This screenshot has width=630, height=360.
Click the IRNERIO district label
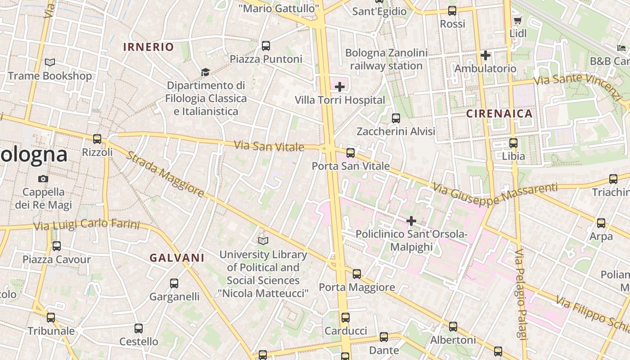pos(148,47)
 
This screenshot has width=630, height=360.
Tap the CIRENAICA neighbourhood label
pos(499,113)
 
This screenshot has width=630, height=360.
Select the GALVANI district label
pos(177,258)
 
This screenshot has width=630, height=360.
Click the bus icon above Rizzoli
pos(97,139)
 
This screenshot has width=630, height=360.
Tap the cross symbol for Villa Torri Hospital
pos(340,87)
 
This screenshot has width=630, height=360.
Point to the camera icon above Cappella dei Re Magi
pos(43,179)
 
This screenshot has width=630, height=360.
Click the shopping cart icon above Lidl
pos(517,20)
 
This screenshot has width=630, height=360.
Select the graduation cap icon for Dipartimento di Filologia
pos(206,72)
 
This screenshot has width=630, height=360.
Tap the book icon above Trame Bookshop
pos(50,63)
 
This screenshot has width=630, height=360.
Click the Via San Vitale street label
pos(269,146)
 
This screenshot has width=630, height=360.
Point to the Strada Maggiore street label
pos(164,174)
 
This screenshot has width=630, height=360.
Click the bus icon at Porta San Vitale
pos(351,153)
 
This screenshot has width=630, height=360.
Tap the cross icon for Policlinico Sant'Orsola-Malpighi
pos(411,221)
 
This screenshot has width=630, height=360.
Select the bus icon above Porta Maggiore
pos(357,274)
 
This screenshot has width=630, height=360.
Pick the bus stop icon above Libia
pos(513,143)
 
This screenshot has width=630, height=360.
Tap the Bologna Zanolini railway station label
pos(386,59)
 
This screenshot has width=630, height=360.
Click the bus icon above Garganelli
pos(174,283)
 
